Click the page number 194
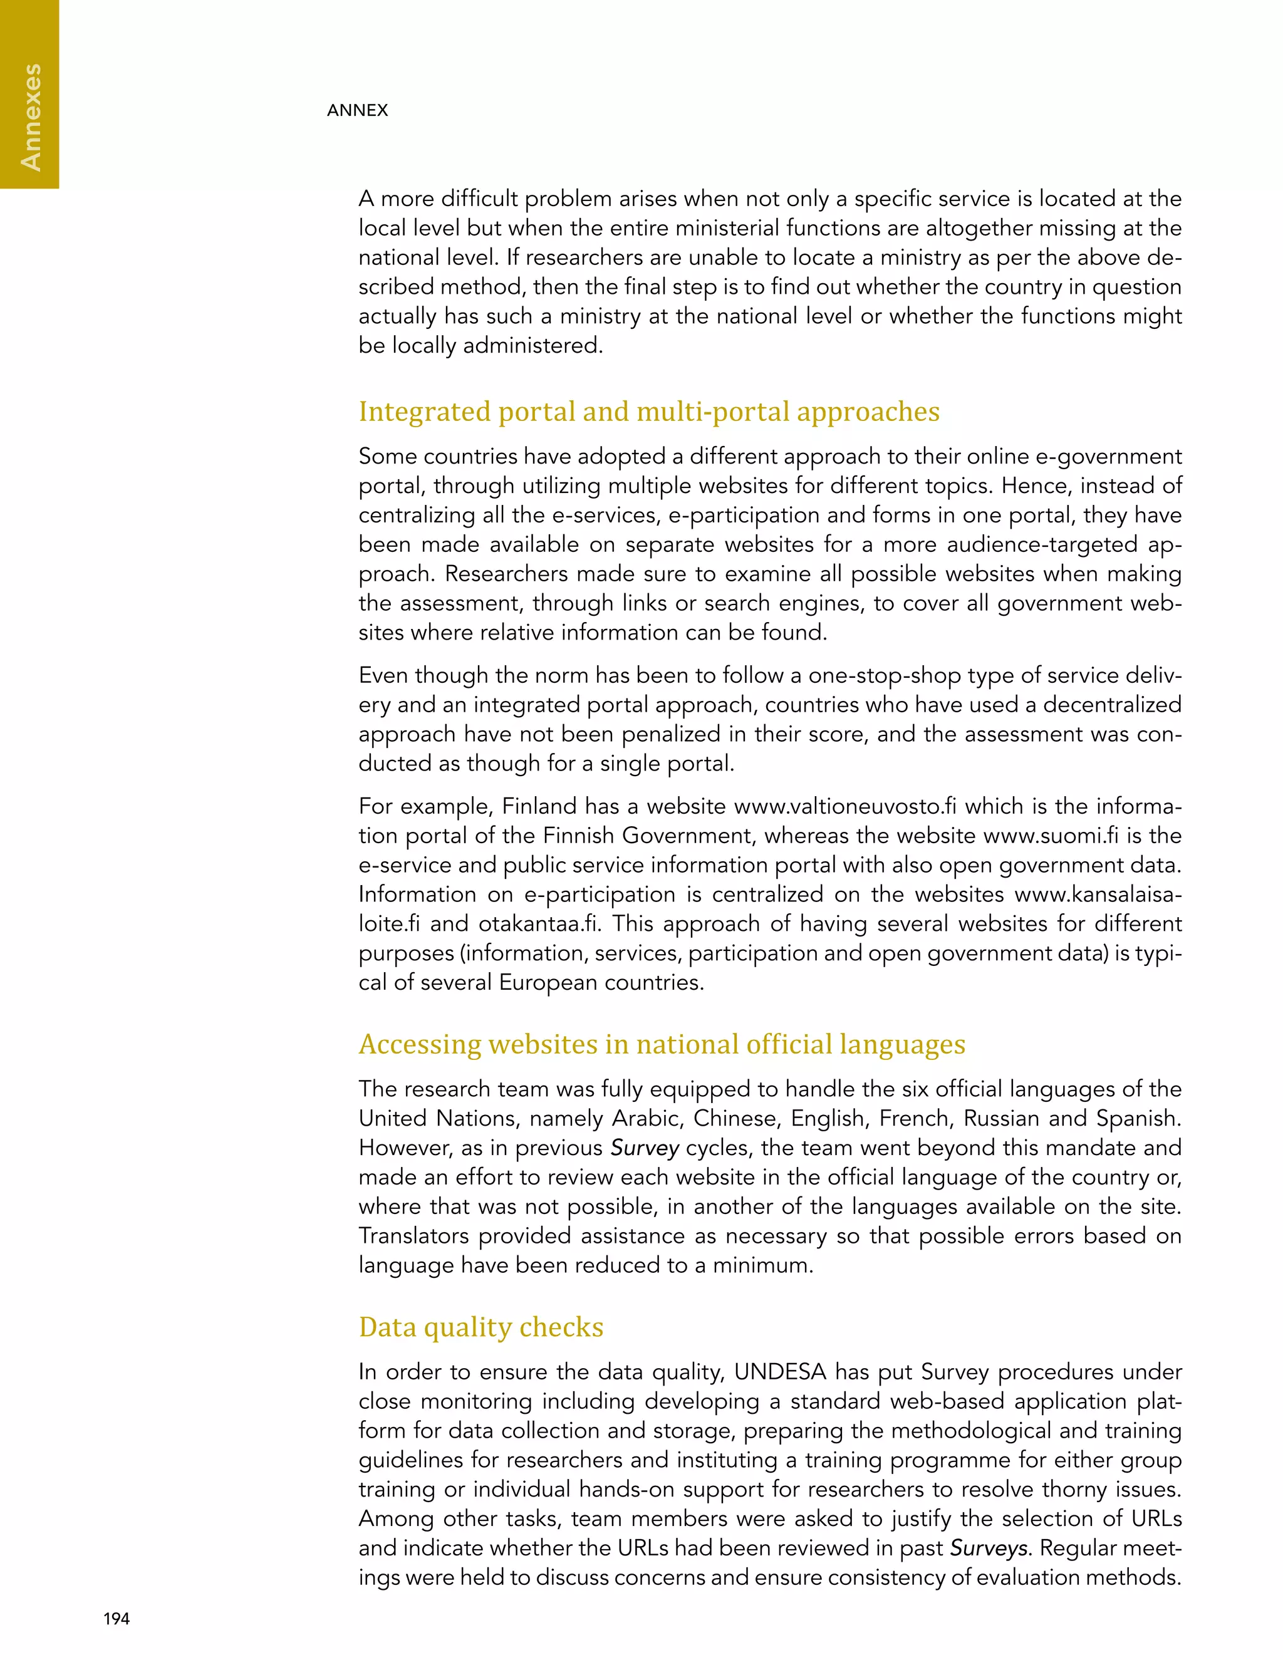click(117, 1618)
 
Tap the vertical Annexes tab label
click(31, 117)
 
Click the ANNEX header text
click(357, 110)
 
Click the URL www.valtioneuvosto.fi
click(845, 806)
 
